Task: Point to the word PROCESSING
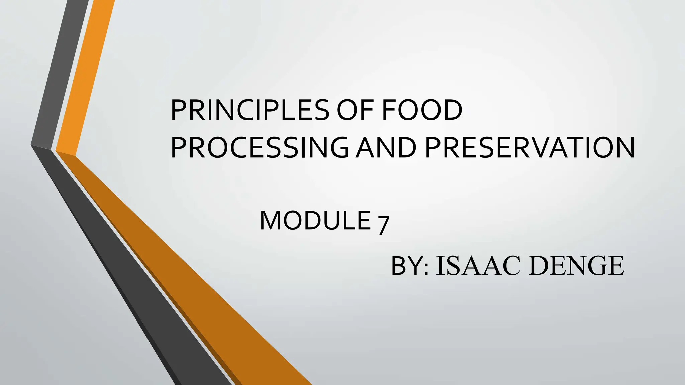260,147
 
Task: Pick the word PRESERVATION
530,147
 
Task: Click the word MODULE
315,221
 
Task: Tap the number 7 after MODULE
383,225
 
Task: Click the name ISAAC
478,266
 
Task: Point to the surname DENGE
577,266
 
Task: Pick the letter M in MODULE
271,221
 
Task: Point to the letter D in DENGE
540,266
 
